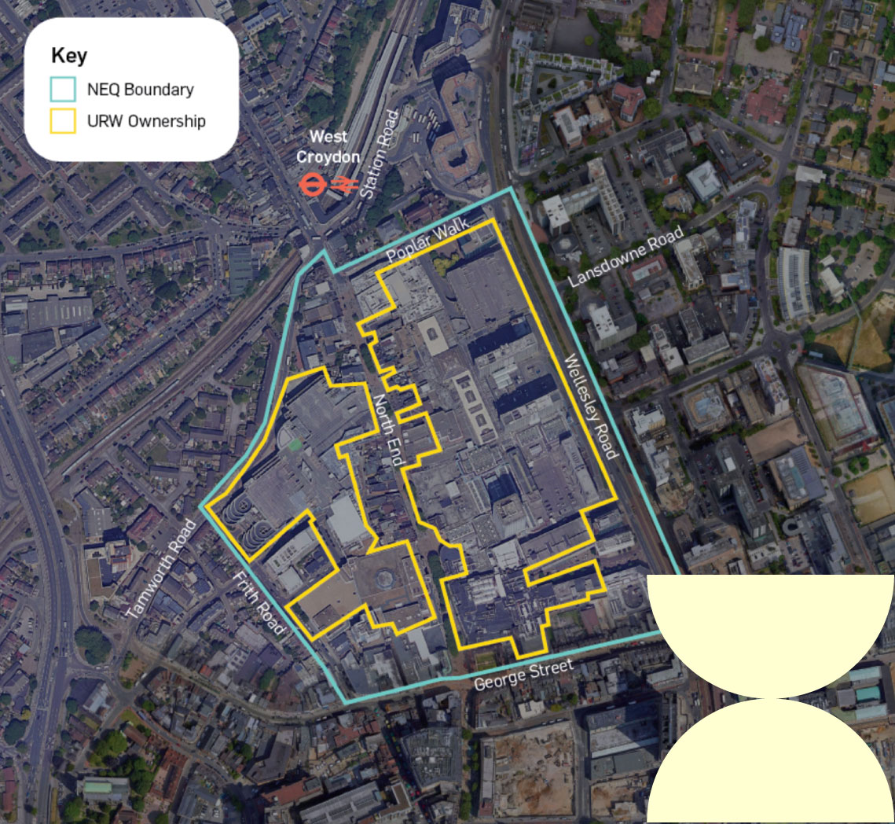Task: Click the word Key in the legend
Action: point(69,56)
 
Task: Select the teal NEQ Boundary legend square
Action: point(63,89)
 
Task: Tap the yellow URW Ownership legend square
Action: point(63,120)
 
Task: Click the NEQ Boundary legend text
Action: point(140,90)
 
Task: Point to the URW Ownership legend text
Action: point(146,121)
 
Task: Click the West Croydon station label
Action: point(328,146)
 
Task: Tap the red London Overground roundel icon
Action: point(312,185)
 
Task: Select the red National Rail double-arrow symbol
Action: point(344,185)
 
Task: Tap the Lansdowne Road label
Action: point(626,259)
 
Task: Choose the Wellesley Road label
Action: point(592,406)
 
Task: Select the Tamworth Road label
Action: point(160,566)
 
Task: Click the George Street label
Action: point(523,675)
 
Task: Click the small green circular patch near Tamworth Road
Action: point(295,444)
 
